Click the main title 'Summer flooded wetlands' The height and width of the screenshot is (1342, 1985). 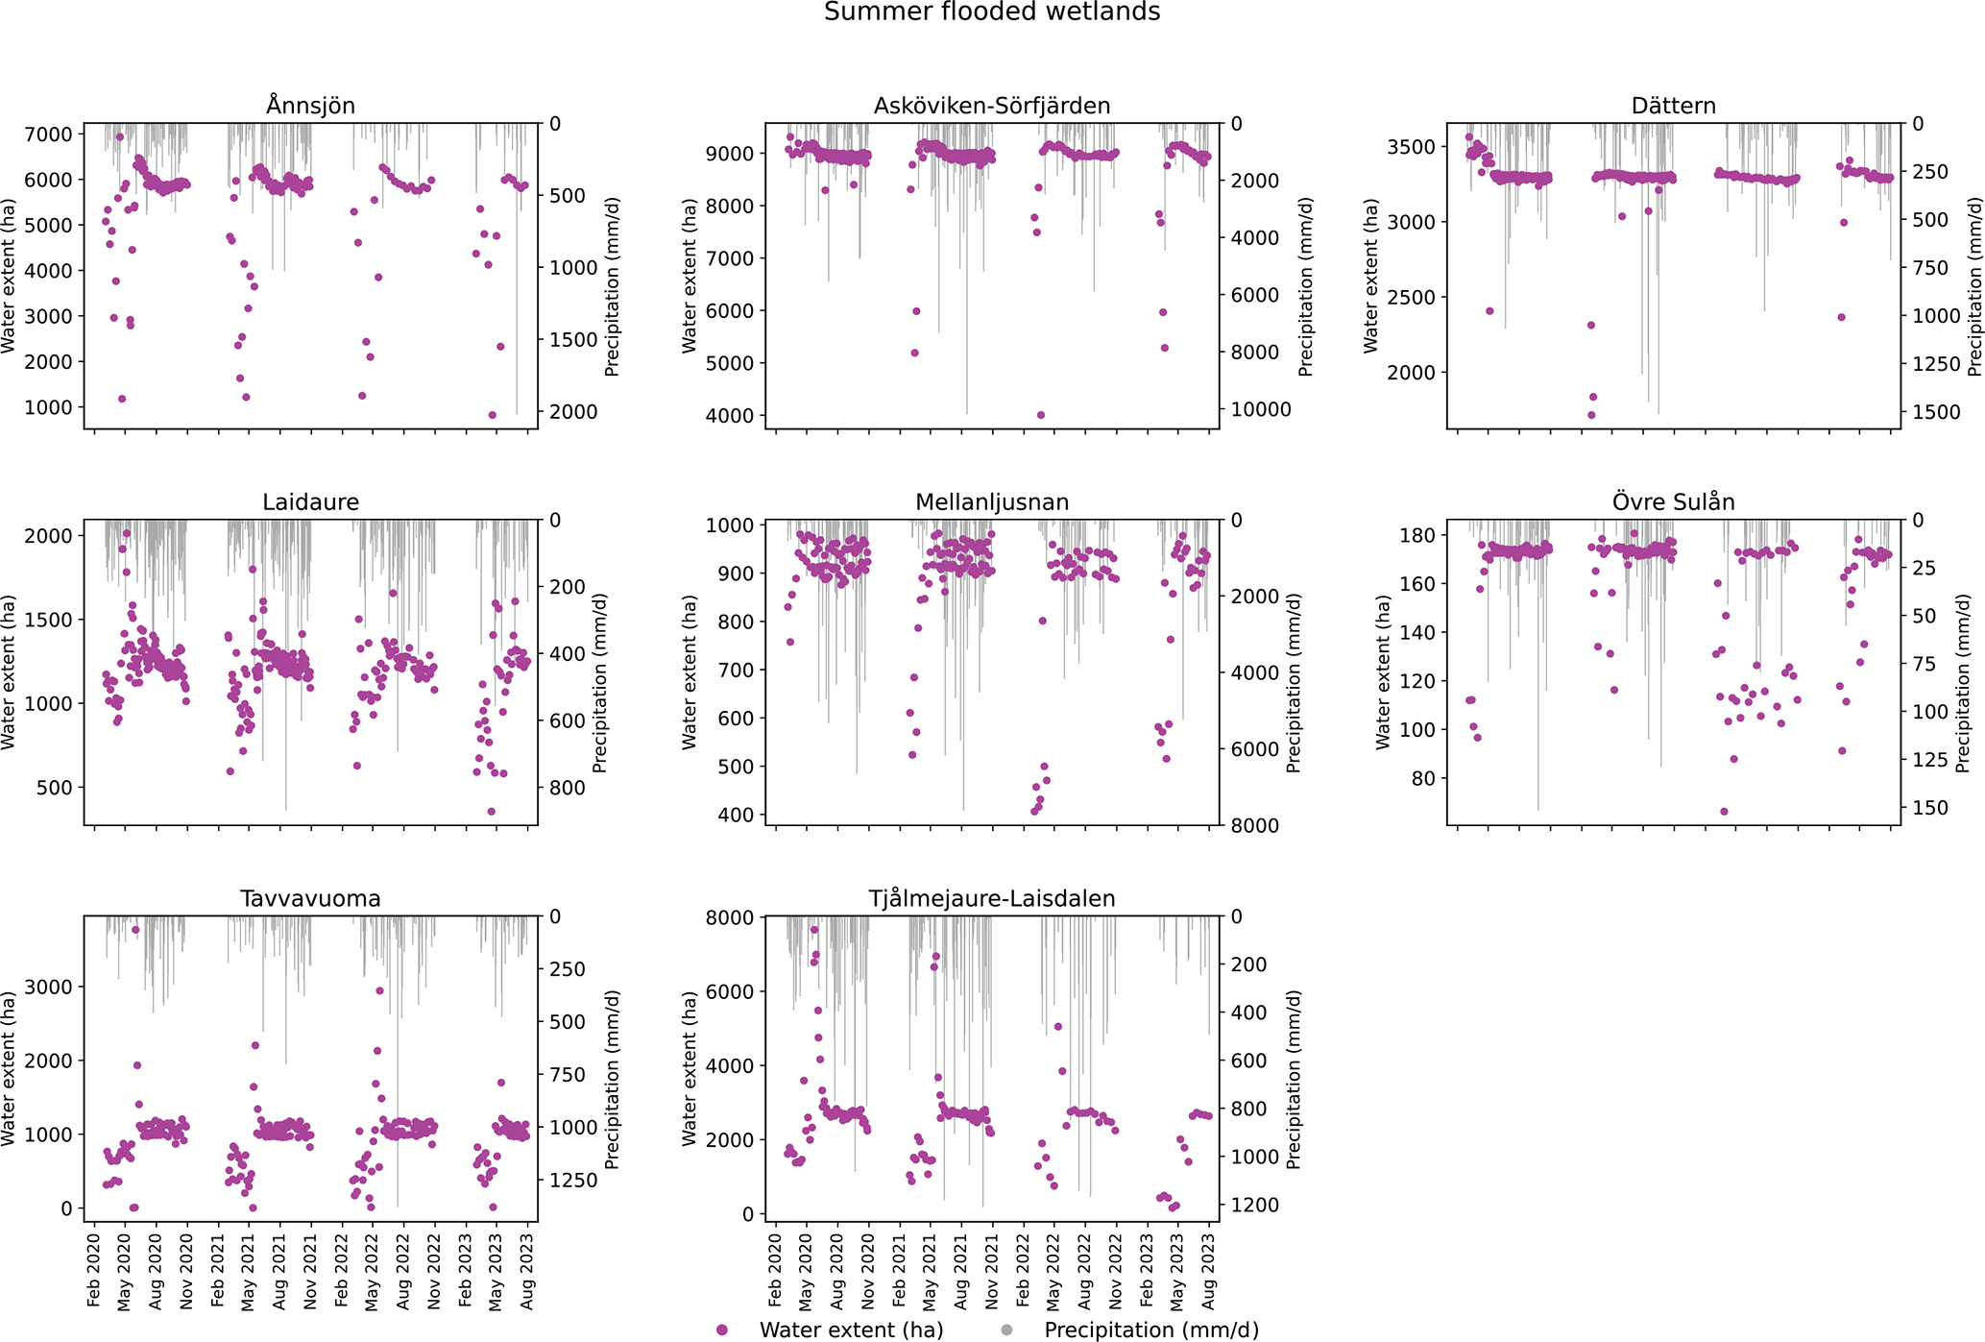pos(992,12)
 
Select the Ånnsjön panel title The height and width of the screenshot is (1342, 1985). pos(310,106)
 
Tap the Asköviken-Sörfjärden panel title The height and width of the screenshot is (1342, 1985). pos(992,106)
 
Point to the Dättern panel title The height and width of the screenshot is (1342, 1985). pos(1673,106)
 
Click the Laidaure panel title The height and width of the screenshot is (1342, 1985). pos(310,502)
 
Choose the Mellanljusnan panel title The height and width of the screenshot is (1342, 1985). pos(992,502)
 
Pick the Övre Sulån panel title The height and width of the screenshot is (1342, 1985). pos(1673,502)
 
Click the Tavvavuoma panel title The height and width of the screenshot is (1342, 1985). pos(310,899)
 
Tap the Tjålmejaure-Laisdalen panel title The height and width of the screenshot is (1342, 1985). pos(992,899)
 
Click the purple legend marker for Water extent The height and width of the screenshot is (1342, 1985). pos(722,1330)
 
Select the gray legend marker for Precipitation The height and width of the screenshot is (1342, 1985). pos(1006,1330)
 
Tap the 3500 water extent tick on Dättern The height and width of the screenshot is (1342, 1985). pos(1411,147)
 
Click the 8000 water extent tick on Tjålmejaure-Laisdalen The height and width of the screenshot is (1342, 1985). pos(730,917)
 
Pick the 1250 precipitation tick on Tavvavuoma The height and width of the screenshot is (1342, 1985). pos(573,1181)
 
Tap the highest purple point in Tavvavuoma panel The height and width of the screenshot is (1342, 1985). pos(135,930)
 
